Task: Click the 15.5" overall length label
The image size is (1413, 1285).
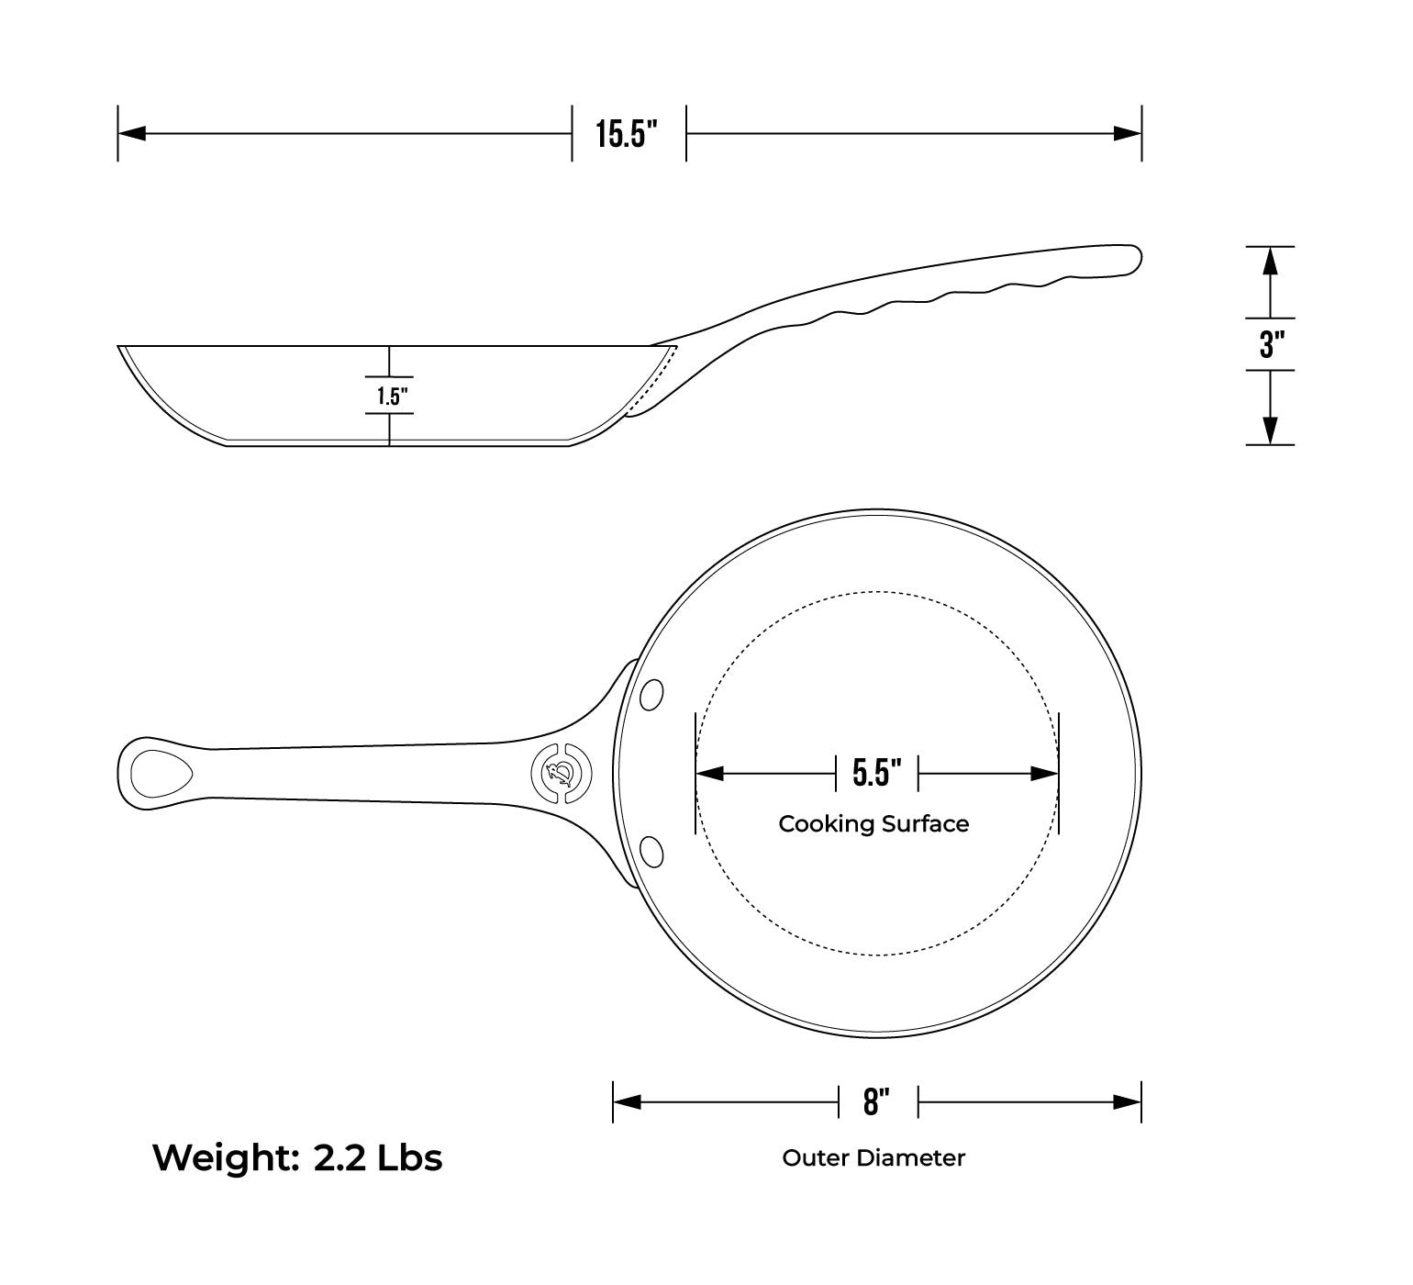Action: click(629, 134)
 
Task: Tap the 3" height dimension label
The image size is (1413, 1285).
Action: click(1271, 345)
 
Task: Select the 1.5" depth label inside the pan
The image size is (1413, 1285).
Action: click(391, 397)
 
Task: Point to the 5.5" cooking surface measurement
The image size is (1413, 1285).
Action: click(876, 773)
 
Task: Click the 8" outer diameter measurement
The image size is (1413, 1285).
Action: click(877, 1101)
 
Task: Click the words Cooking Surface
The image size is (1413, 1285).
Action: click(873, 824)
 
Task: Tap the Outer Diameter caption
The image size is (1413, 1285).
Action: click(873, 1158)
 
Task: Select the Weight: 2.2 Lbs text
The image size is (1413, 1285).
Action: click(297, 1158)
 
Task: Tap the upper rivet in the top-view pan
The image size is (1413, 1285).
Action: click(651, 694)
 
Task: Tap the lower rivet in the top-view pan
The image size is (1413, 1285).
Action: click(651, 852)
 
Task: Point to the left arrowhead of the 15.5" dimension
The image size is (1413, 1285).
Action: click(131, 134)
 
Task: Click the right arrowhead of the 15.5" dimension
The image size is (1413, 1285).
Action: click(1128, 134)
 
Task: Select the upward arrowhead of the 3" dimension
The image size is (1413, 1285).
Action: click(1270, 262)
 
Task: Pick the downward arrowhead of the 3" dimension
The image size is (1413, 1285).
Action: click(1270, 430)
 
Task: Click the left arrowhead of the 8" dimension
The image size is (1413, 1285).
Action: click(627, 1101)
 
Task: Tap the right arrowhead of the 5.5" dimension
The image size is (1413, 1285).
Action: click(1045, 774)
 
